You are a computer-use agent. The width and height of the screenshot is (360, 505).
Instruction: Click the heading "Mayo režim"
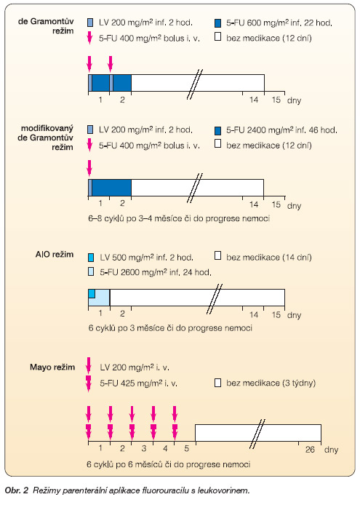[52, 367]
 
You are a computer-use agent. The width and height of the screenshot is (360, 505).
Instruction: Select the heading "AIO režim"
[55, 255]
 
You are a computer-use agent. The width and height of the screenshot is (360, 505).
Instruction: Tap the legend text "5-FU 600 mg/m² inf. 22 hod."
[279, 23]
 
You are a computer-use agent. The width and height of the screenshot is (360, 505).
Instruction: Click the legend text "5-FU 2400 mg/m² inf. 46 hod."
[281, 130]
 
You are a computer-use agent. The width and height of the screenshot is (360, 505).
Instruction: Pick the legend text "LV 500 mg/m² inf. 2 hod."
[146, 258]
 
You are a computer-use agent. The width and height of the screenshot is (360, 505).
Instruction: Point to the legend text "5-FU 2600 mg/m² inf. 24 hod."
[156, 272]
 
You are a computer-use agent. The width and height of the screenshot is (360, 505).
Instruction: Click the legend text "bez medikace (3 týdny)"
[271, 383]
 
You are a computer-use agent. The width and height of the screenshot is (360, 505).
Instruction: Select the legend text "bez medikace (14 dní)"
[269, 258]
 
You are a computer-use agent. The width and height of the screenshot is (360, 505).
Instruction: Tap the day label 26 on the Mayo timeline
[310, 449]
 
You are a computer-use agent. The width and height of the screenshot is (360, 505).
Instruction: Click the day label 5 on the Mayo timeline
[187, 448]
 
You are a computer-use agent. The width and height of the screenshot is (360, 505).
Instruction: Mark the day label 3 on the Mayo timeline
[144, 448]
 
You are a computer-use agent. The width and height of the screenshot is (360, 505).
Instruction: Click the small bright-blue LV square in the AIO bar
[92, 293]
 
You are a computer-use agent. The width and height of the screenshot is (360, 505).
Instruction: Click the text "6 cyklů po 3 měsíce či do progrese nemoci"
[170, 328]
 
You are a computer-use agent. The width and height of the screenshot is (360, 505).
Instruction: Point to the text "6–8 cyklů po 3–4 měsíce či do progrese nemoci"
[179, 219]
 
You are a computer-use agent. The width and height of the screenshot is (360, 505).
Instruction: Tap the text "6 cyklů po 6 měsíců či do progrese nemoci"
[169, 464]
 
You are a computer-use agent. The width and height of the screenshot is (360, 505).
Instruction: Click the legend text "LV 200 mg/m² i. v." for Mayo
[135, 367]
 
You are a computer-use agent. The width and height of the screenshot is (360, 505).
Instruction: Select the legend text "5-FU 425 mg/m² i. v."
[139, 383]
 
